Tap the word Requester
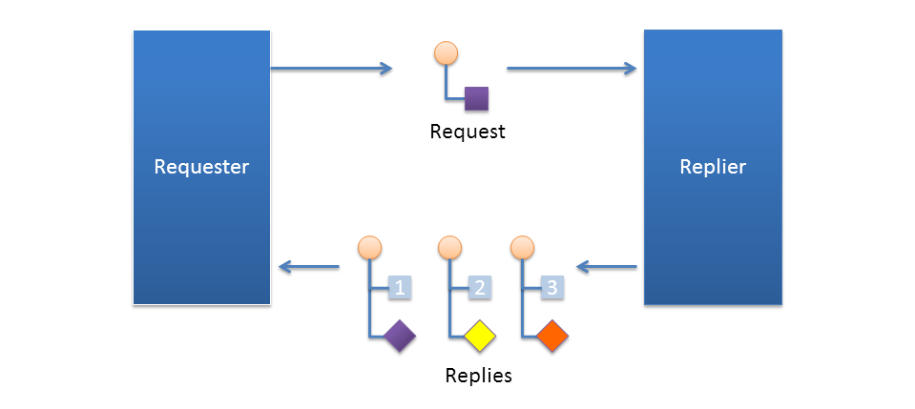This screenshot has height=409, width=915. click(x=201, y=167)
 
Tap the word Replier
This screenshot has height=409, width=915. click(x=713, y=167)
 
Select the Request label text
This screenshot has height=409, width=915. click(x=468, y=132)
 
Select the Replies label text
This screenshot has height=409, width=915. click(x=478, y=376)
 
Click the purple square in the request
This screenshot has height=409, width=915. click(x=476, y=98)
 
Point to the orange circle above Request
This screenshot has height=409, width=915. click(x=446, y=52)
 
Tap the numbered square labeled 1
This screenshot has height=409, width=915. click(x=399, y=287)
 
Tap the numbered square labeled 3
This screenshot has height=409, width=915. click(x=552, y=287)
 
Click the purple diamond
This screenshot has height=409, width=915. click(x=399, y=336)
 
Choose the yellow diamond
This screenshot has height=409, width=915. click(x=479, y=336)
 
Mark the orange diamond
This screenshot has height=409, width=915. click(x=552, y=336)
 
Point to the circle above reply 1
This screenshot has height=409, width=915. click(x=369, y=249)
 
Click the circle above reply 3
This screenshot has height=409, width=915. click(x=522, y=249)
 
